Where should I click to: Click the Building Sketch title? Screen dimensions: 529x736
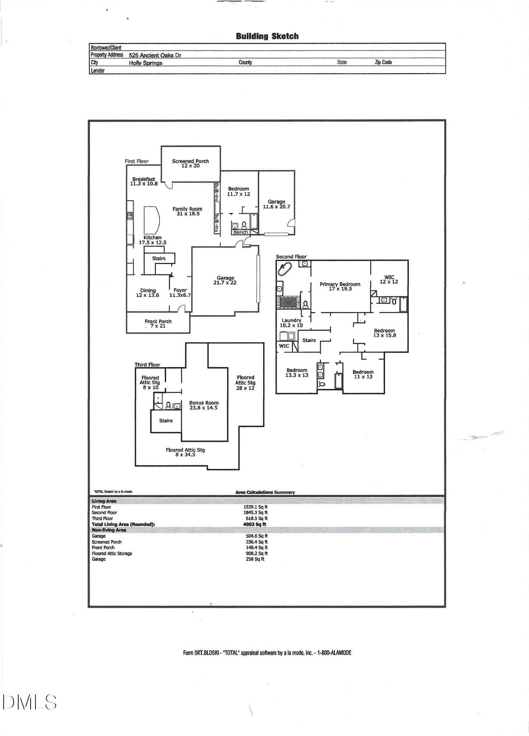[267, 36]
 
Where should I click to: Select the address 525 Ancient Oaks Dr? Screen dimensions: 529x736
[155, 55]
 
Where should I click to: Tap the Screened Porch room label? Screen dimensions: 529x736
[190, 161]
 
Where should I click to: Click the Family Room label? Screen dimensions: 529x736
[187, 209]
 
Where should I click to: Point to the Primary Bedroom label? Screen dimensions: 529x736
[340, 284]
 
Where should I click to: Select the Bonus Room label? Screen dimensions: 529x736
[204, 403]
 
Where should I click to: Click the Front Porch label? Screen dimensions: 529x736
[158, 321]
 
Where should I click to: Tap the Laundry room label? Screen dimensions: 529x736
[291, 320]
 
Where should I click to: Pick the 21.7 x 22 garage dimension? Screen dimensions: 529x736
[225, 283]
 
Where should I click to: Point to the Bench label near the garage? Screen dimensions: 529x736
[241, 232]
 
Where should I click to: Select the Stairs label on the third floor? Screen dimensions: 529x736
[166, 421]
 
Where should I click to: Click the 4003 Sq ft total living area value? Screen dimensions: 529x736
[255, 524]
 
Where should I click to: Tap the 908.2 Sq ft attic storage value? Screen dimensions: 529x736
[257, 553]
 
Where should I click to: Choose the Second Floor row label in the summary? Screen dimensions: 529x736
[104, 512]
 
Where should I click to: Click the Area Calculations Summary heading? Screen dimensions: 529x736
[265, 492]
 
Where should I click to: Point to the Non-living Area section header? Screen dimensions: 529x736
[109, 530]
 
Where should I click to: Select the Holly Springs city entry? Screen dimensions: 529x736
[145, 63]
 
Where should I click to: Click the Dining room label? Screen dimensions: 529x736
[148, 290]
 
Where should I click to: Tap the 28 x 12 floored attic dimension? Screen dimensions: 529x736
[245, 388]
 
